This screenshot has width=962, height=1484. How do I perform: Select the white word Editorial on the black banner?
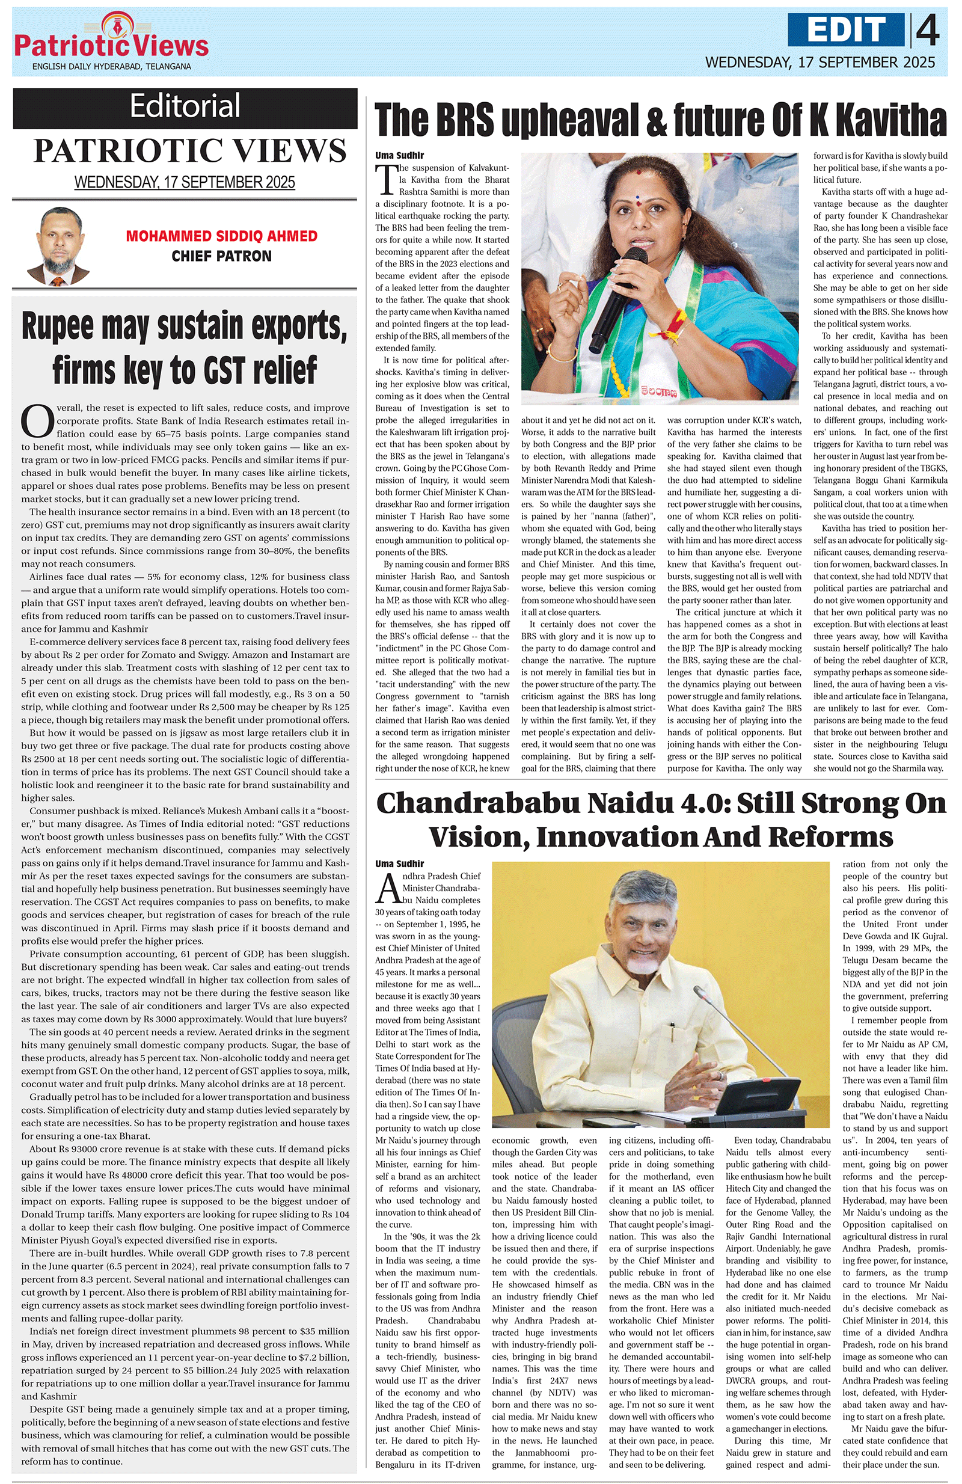[185, 105]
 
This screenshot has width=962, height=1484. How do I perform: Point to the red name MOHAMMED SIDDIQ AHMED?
[221, 236]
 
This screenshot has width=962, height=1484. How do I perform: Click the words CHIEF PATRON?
[221, 256]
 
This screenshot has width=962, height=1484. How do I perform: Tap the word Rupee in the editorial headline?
[57, 326]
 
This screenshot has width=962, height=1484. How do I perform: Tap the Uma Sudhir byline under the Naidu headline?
[400, 863]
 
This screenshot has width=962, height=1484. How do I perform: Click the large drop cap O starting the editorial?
[37, 422]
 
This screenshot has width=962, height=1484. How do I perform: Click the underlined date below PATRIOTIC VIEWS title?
[185, 182]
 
